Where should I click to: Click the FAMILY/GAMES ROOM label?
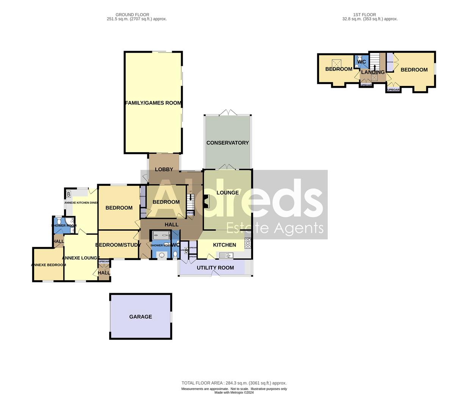153,103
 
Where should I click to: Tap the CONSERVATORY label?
227,143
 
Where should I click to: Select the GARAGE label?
141,317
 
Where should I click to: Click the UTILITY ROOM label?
215,268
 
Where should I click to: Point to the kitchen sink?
226,256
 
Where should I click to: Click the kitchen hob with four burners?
248,243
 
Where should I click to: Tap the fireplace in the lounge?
206,201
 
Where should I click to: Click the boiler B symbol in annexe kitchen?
69,194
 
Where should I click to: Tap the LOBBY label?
164,169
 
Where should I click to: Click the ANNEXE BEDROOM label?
48,265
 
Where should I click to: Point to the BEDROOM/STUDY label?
118,245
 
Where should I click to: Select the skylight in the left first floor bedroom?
335,62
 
